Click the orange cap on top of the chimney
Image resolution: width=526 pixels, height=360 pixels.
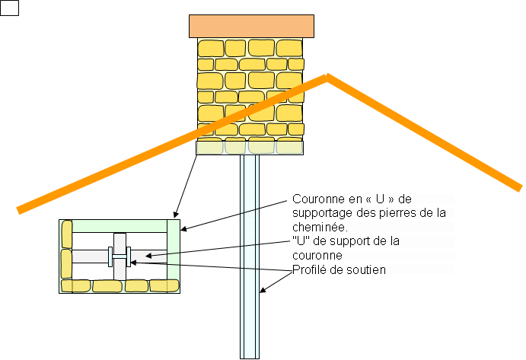pos(251,26)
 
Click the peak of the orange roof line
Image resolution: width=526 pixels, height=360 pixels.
pos(327,76)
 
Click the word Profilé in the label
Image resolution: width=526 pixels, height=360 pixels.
pos(309,269)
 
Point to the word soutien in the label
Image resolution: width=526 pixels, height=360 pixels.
pos(368,269)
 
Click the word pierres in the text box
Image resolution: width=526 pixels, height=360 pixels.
pos(403,213)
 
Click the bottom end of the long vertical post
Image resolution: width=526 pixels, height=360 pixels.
pos(250,355)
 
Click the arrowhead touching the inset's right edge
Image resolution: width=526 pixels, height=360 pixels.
pos(183,228)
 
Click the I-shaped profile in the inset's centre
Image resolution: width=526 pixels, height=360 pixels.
pos(120,255)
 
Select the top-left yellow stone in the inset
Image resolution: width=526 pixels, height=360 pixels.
pos(67,231)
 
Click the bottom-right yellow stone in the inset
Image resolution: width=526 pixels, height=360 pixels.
pos(163,286)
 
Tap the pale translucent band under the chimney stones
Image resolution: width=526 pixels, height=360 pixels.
pos(250,147)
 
